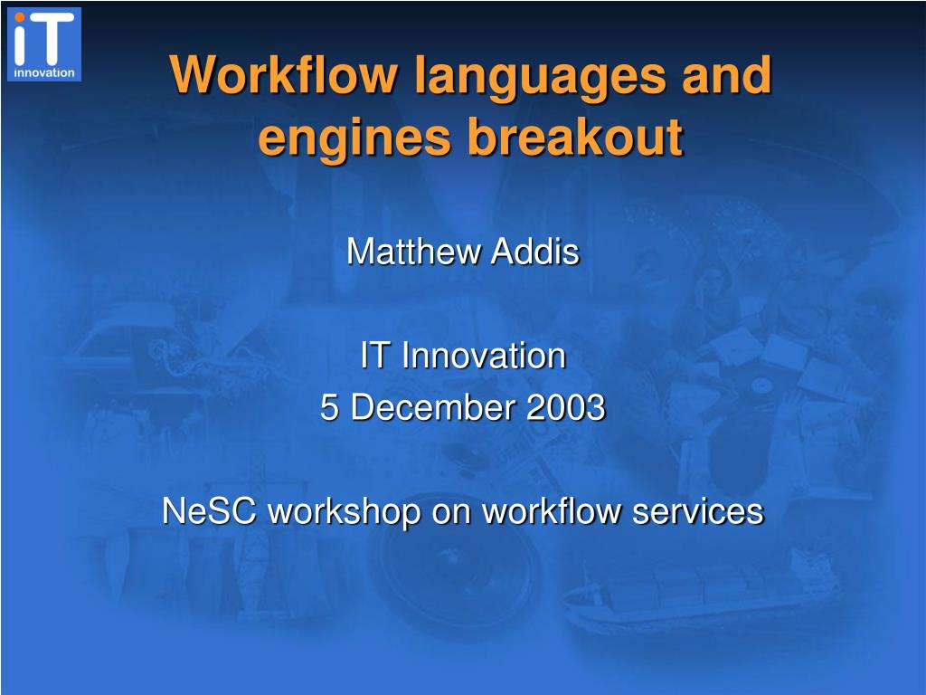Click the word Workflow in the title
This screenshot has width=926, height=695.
(283, 74)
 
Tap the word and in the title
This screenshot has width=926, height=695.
(727, 74)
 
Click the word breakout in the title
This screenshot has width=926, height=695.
(576, 137)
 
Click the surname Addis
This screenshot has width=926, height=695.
(535, 252)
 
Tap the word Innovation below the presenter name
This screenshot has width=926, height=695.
(484, 356)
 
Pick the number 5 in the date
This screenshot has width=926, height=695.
(329, 407)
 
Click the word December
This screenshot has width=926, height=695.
(432, 407)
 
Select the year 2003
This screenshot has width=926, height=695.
(566, 407)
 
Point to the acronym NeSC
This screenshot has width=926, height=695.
(209, 510)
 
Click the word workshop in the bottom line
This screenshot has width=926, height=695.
(345, 512)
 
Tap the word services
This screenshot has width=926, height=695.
(698, 510)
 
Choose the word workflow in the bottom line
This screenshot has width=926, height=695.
(551, 510)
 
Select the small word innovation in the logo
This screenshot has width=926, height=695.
(44, 72)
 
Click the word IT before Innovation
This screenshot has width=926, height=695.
(374, 356)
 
